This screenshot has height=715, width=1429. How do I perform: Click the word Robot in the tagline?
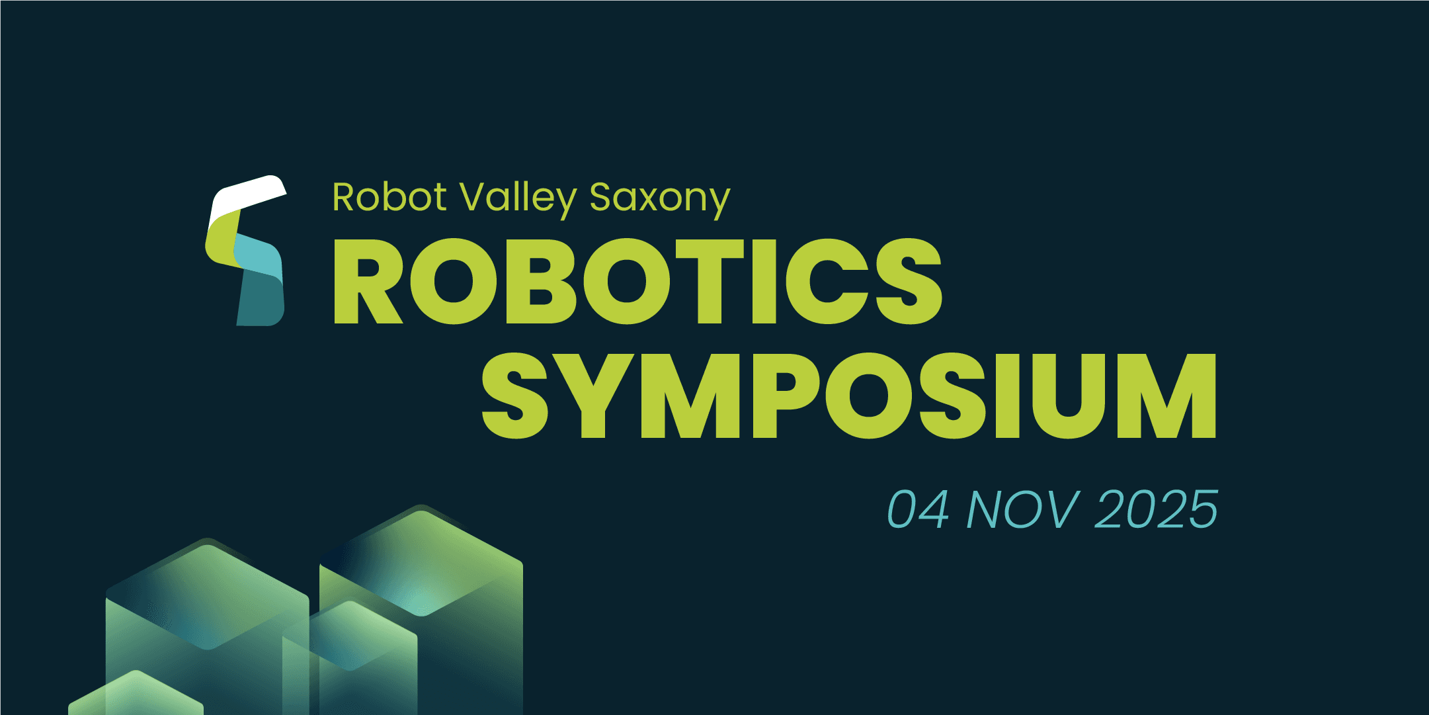click(x=389, y=197)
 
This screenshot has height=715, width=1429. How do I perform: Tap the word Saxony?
click(x=660, y=200)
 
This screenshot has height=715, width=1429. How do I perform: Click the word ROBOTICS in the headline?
click(x=638, y=281)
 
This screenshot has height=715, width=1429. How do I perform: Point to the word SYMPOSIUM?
click(x=849, y=395)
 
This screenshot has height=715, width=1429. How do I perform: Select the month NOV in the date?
click(x=1024, y=509)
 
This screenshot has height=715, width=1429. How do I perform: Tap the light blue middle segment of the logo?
click(x=259, y=258)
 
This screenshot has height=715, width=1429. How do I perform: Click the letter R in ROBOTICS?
click(x=368, y=281)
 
